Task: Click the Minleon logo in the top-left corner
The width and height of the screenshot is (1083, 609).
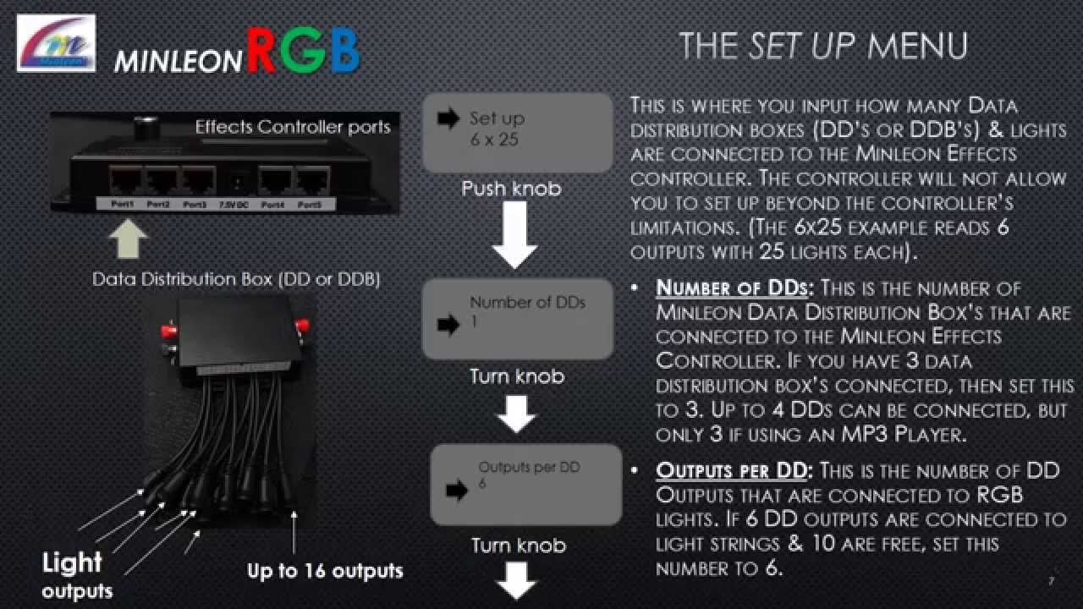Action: [56, 43]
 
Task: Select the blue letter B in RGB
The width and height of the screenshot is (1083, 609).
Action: [344, 52]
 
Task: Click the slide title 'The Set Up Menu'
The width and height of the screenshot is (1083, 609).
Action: [822, 46]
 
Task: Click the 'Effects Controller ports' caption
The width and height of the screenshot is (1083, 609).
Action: [293, 127]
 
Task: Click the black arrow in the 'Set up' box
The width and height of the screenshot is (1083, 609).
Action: [448, 119]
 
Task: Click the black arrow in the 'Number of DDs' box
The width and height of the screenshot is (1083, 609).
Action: [448, 323]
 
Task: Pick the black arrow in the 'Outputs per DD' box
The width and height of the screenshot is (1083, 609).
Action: [457, 488]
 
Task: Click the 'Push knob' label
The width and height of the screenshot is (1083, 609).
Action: [511, 188]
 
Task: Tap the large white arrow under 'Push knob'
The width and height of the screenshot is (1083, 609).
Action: [514, 235]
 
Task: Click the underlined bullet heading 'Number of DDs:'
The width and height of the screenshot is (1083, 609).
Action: [732, 288]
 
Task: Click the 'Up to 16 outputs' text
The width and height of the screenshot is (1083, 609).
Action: [325, 570]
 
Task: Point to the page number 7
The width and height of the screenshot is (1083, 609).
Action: [1051, 582]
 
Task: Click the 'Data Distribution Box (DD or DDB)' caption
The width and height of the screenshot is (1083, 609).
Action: [236, 279]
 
